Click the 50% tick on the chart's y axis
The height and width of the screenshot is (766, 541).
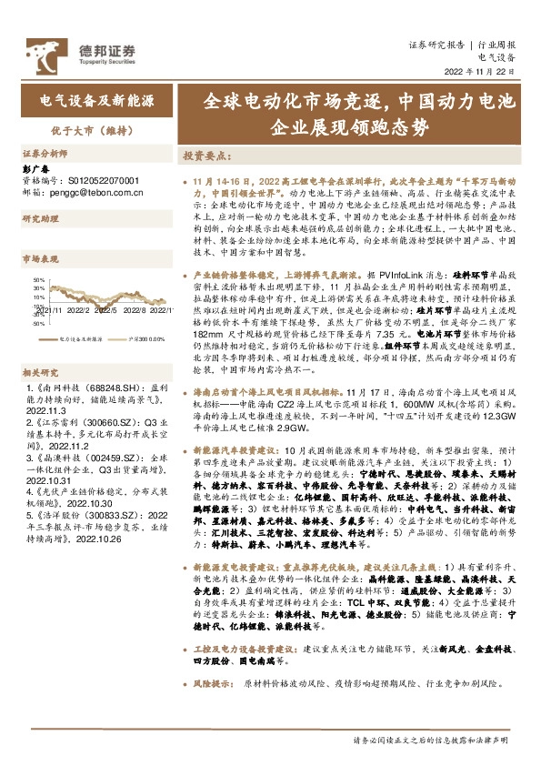pos(38,281)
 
